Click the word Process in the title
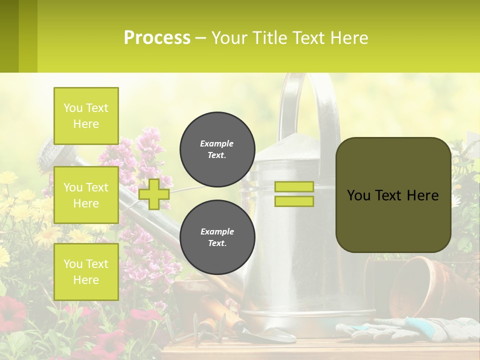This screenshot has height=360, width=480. (157, 38)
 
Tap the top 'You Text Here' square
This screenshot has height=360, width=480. (86, 116)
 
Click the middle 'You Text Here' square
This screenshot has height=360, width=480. (86, 195)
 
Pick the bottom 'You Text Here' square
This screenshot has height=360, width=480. (86, 271)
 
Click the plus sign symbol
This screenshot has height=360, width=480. (154, 194)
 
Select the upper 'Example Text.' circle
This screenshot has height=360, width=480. (217, 149)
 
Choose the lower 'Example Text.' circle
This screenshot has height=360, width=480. (217, 237)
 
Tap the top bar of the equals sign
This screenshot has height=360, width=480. (294, 187)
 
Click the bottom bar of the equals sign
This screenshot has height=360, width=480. (294, 201)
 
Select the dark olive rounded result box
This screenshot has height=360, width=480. (393, 195)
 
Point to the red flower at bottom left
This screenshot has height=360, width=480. (12, 312)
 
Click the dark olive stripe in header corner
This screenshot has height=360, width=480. (9, 36)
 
